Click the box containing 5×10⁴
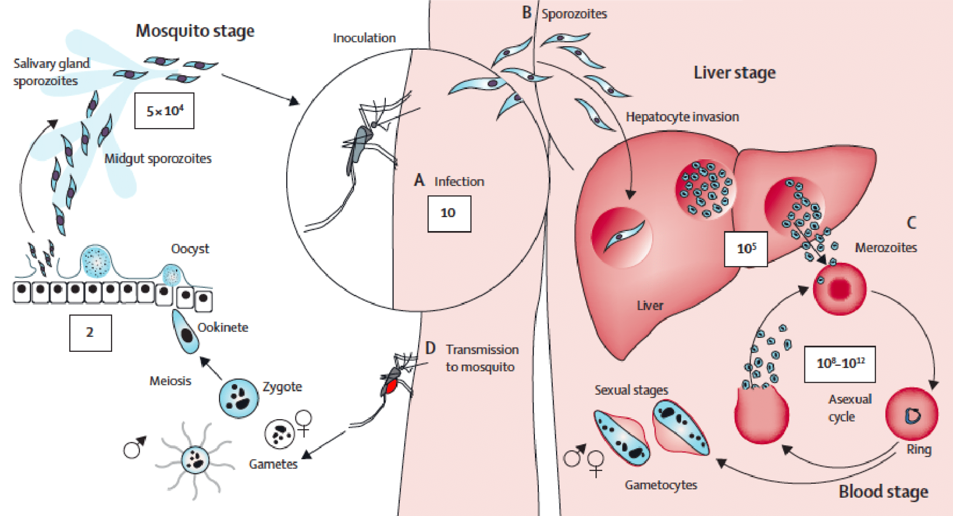pos(164,111)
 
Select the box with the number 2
pos(90,333)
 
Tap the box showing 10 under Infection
pos(449,213)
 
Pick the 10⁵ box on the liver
pos(746,248)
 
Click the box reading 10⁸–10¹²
pos(839,363)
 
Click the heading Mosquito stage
pos(195,31)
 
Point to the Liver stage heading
pos(734,73)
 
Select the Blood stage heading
pos(883,491)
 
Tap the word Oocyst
pos(190,249)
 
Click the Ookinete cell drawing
pos(186,331)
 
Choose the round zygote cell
pos(239,398)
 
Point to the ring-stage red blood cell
pos(912,414)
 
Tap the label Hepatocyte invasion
pos(682,117)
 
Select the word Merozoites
pos(886,248)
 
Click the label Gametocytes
pos(661,485)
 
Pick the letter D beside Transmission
pos(430,348)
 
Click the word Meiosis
pos(170,381)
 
